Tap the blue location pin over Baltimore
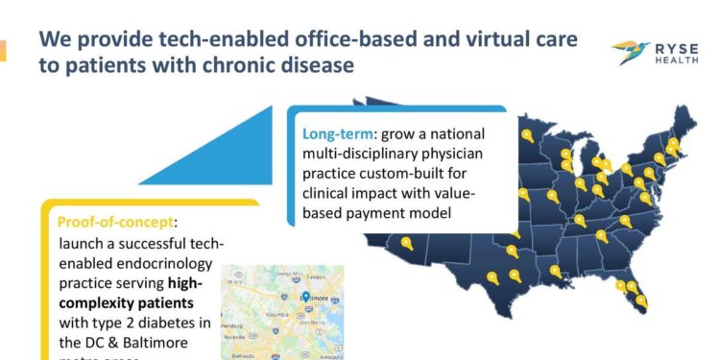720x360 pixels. click(x=304, y=295)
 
